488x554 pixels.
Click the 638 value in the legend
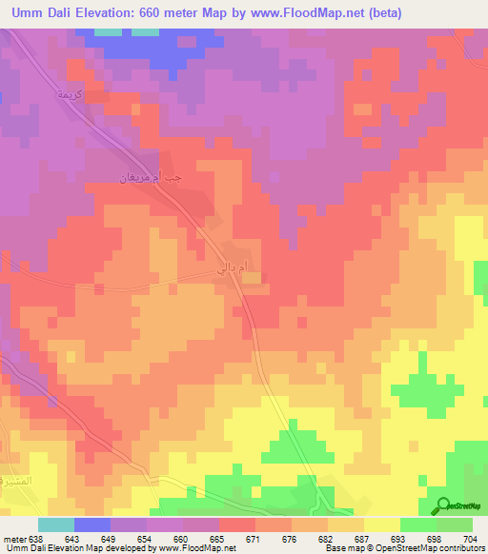tap(36, 539)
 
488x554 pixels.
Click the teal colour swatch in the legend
tap(56, 524)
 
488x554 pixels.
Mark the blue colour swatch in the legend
tap(92, 524)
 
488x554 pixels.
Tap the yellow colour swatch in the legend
tap(381, 524)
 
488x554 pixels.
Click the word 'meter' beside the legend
tap(15, 539)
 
